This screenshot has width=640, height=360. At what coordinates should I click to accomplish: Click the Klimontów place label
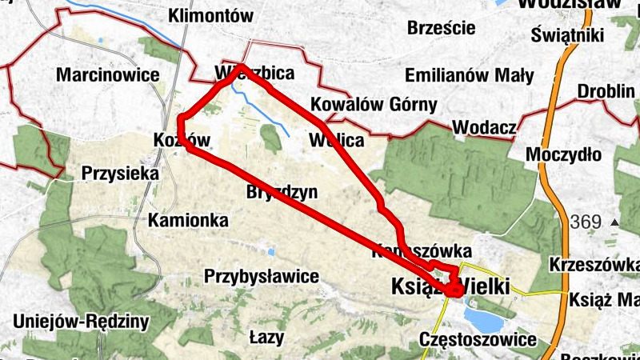coord(211,15)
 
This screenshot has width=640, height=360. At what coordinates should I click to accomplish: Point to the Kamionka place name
coord(189,219)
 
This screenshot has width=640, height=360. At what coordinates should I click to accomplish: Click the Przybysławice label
coord(262,277)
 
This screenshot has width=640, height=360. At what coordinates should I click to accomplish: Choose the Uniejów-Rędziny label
coord(82,322)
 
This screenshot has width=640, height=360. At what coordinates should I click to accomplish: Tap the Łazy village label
coord(266,337)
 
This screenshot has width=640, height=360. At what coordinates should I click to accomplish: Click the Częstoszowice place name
coord(478,340)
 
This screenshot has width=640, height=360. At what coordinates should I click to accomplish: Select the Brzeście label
coord(441,28)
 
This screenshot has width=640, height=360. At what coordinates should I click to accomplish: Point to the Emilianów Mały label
coord(470,76)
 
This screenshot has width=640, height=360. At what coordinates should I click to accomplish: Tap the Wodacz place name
coord(481,127)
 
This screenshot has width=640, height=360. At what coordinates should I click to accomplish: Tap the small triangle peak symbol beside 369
coord(614,222)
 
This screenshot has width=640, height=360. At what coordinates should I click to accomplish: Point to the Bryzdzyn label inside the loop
coord(282,192)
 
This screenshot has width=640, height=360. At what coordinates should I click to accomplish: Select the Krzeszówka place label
coord(593,265)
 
